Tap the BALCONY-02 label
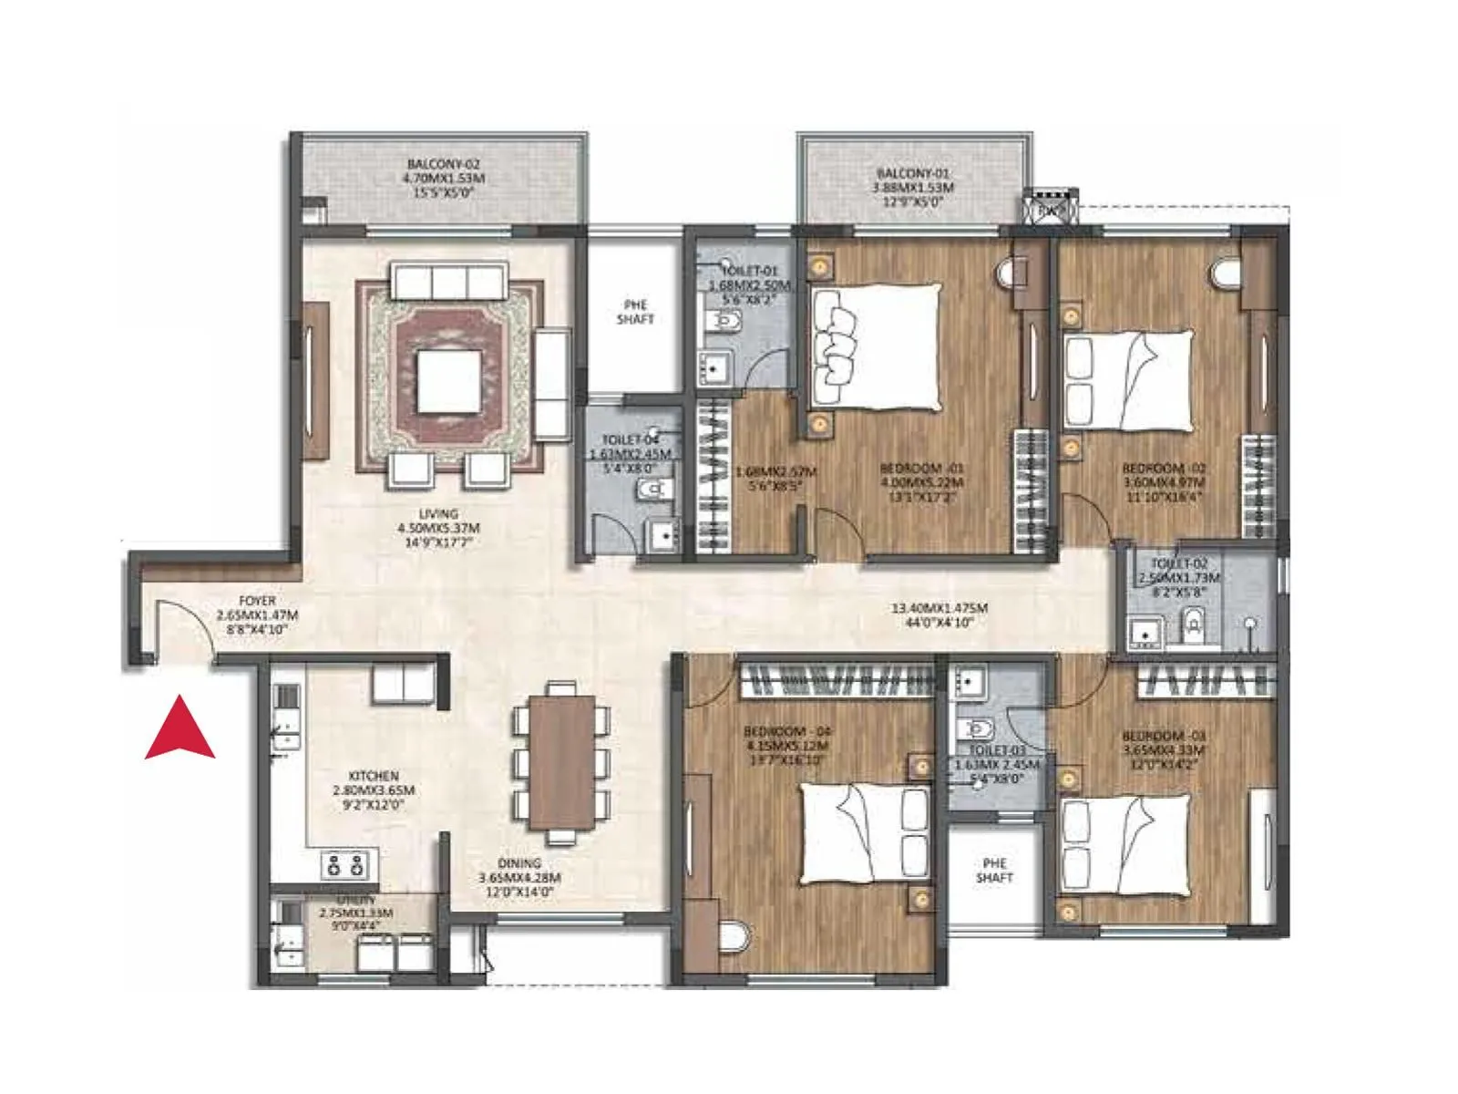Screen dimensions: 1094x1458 [x=444, y=179]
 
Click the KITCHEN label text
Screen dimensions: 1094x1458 [x=374, y=776]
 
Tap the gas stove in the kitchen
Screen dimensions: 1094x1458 [x=349, y=864]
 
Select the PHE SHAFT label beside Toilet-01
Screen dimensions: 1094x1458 [x=635, y=312]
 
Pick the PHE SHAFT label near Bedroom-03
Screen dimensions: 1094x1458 [x=994, y=870]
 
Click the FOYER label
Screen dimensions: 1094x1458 [x=258, y=602]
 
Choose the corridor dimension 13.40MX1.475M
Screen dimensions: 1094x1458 [x=939, y=608]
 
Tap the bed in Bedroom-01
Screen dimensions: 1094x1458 [x=876, y=346]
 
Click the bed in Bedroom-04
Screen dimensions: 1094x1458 [x=865, y=832]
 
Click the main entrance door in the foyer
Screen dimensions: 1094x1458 [x=182, y=629]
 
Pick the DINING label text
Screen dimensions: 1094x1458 [x=519, y=862]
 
